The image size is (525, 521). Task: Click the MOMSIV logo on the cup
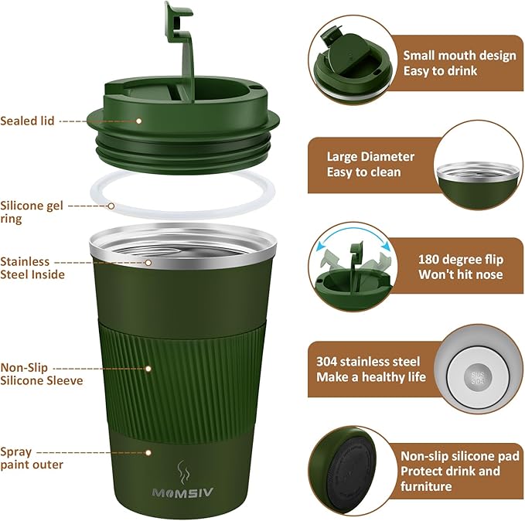coord(182,493)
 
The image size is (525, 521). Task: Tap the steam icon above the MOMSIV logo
coord(183,473)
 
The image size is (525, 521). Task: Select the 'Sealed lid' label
coord(27,121)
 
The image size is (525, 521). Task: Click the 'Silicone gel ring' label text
coord(32,212)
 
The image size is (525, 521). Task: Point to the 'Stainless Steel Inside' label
coord(32,268)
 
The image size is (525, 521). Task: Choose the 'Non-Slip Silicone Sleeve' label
coord(42,374)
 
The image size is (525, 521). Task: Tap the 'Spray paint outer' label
coord(32,458)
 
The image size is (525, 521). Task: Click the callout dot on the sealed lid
coord(139,121)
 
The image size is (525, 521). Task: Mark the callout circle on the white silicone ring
coord(111,206)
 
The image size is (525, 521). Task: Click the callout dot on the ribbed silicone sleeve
coord(148,369)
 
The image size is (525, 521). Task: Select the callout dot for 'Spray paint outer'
coord(148,453)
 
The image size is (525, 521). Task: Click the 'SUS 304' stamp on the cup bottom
coord(478,377)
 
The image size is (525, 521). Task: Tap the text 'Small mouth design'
coord(459,56)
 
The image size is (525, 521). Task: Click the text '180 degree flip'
coord(461,260)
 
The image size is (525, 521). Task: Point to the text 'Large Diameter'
coord(370,157)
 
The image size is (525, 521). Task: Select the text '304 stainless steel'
coord(368,362)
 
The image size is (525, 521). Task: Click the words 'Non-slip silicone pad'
coord(460,456)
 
